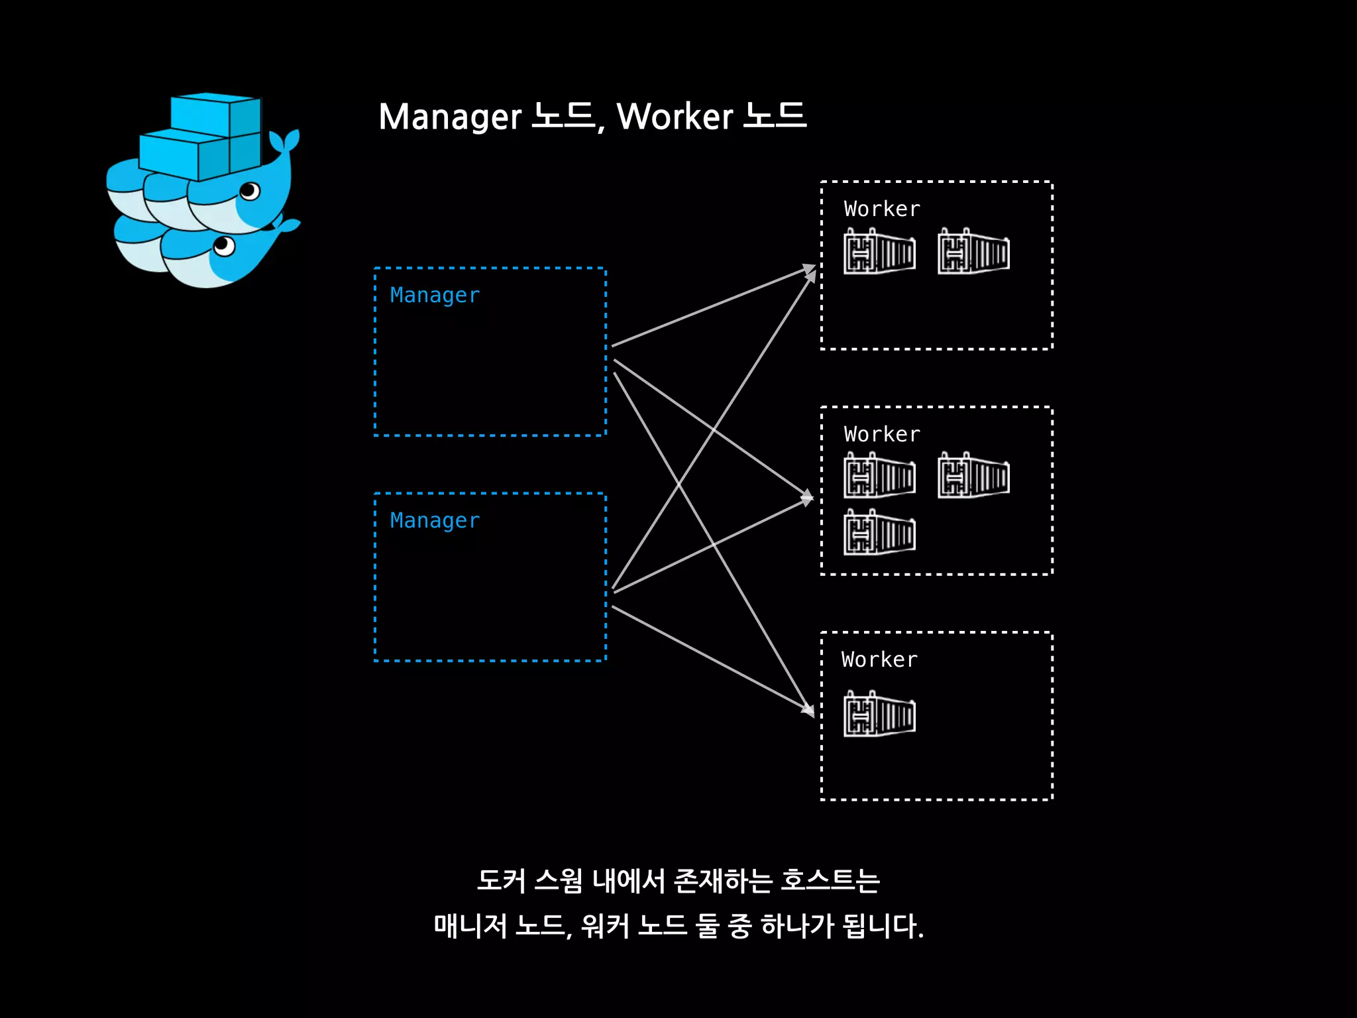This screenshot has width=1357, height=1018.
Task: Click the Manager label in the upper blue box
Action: pos(435,296)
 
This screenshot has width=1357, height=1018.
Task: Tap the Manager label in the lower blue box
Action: pos(435,521)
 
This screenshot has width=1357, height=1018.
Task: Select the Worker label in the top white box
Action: pos(882,209)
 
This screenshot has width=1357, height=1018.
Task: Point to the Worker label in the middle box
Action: pos(882,435)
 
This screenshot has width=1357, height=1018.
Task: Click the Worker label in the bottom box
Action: pos(879,660)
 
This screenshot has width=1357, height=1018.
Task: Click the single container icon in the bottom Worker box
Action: pos(879,714)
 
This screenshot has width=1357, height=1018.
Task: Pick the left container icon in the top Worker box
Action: pos(879,252)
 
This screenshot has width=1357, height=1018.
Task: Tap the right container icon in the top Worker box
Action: pos(973,252)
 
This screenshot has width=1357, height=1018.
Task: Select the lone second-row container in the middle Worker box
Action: pos(879,532)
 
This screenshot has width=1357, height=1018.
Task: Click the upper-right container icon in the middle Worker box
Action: pos(973,476)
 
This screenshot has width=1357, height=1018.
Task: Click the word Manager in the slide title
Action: pos(451,117)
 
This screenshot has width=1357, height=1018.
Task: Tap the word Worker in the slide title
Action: pos(675,117)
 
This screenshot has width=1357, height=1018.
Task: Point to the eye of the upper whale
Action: pos(250,192)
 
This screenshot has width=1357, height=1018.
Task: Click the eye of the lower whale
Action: pos(224,247)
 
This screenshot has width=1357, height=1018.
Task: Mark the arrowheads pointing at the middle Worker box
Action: pos(806,497)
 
